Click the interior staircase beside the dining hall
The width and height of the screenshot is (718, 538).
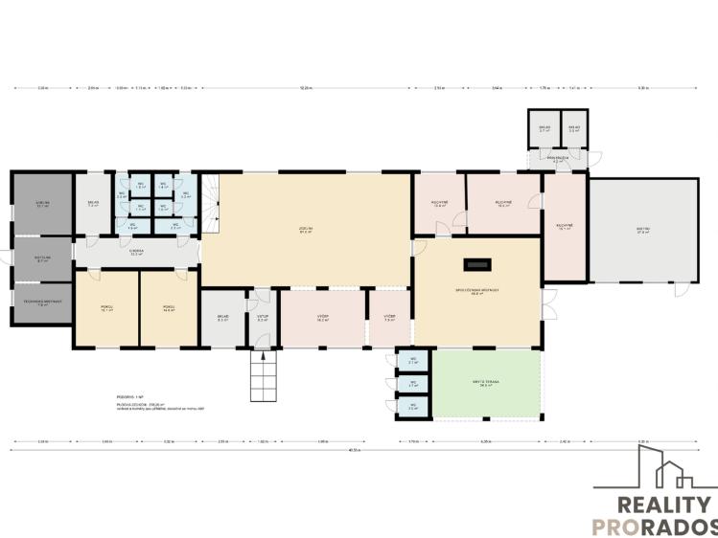click(x=211, y=202)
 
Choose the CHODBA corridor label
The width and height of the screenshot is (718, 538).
click(x=136, y=254)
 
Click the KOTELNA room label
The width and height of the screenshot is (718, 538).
click(x=42, y=258)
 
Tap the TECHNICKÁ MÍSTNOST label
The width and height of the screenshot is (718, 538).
click(x=42, y=303)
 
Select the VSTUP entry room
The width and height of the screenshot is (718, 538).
click(x=263, y=318)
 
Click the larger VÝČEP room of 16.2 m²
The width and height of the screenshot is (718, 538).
click(x=323, y=318)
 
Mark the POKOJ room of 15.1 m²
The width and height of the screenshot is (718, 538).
click(x=106, y=308)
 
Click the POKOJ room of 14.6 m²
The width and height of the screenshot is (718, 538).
click(x=169, y=308)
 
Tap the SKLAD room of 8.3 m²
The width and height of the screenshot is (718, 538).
click(x=222, y=318)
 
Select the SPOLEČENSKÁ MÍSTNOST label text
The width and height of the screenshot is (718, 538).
click(x=476, y=292)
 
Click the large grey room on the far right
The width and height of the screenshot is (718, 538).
click(x=643, y=231)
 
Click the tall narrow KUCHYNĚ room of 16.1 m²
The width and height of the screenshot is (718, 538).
click(x=564, y=227)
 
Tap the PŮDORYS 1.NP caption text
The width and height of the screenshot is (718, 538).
click(x=127, y=395)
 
